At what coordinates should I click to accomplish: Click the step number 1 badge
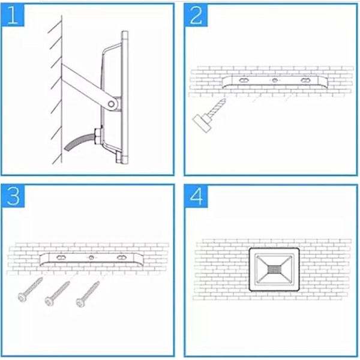coord(13,16)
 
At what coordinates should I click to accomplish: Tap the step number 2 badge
coord(196,16)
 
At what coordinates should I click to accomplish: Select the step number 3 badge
coord(13,196)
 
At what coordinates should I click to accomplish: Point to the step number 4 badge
coord(197,196)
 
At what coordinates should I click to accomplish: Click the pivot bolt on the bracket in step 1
coord(111,104)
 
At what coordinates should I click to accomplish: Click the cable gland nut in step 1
coord(98,136)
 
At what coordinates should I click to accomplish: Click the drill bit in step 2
coord(217,107)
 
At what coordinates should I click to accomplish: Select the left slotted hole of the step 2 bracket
coord(244,80)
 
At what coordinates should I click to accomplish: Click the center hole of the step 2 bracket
coord(275,80)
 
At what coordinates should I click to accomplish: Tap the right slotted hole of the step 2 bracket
coord(305,80)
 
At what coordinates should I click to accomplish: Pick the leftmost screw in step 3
coord(30,289)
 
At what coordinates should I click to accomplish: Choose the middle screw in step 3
coord(57,293)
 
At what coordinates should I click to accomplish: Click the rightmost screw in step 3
coord(88,294)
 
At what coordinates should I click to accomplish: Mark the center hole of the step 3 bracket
coord(91,257)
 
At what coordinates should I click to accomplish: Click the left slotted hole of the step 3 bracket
coord(61,257)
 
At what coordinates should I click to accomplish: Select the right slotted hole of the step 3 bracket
coord(121,257)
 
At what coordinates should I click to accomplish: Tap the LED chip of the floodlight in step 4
coord(274,269)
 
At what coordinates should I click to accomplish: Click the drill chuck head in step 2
coord(202,123)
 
